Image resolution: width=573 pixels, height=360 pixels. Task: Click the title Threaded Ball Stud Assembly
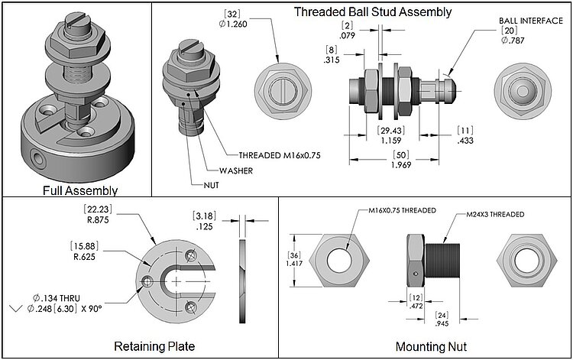[x=373, y=11]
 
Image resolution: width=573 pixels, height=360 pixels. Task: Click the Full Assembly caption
[x=77, y=190]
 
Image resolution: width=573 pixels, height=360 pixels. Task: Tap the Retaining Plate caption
[x=154, y=346]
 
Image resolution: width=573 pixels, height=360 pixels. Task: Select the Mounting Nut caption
[x=430, y=346]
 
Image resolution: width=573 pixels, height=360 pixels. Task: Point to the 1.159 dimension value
[x=392, y=141]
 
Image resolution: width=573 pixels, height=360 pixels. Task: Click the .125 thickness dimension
[x=202, y=227]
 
